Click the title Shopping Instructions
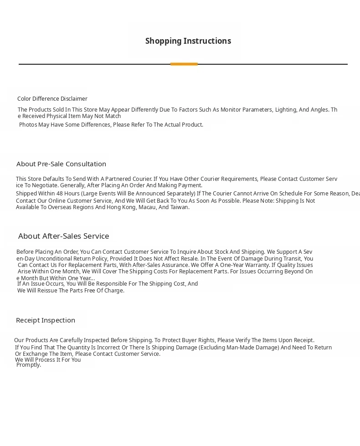point(188,41)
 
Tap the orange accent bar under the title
point(184,64)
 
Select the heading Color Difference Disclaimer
point(52,99)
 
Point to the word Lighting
point(285,110)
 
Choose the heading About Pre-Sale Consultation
point(61,164)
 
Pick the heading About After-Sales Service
point(63,236)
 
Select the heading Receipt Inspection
point(46,320)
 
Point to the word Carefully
point(77,340)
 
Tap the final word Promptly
point(28,365)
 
